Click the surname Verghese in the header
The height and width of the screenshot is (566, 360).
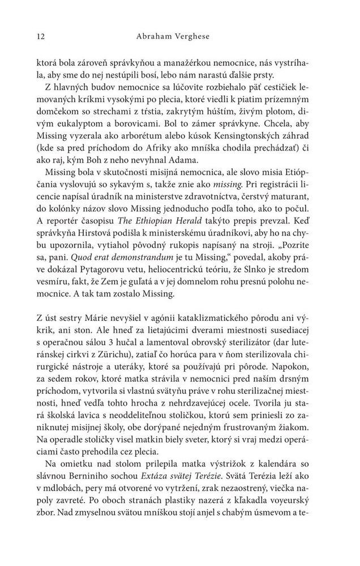[217, 37]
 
